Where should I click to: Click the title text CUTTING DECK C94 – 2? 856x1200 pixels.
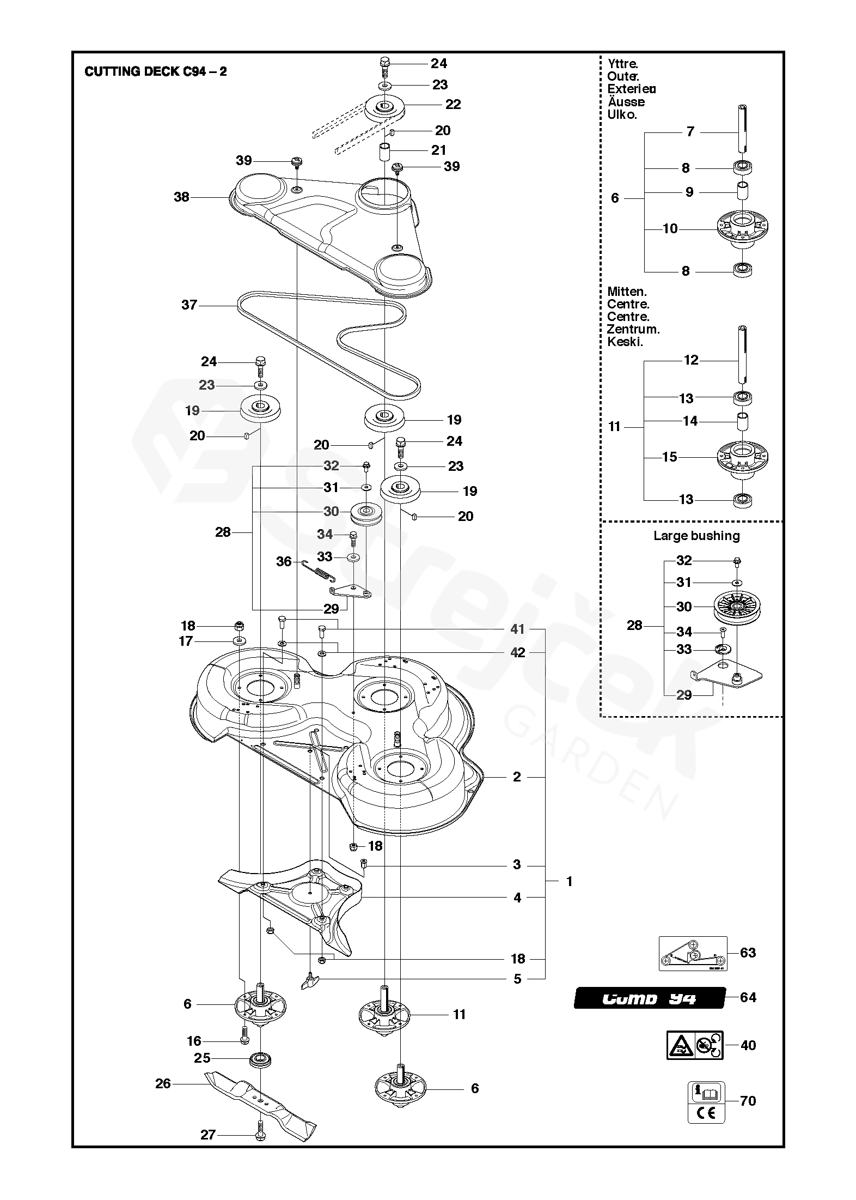pyautogui.click(x=156, y=72)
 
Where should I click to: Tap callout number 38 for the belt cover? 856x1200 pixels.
pyautogui.click(x=181, y=197)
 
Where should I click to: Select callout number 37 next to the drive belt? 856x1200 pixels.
pyautogui.click(x=189, y=305)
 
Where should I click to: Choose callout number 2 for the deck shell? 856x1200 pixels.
pyautogui.click(x=517, y=777)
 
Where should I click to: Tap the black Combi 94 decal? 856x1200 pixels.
pyautogui.click(x=649, y=999)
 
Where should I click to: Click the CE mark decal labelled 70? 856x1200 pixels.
pyautogui.click(x=706, y=1102)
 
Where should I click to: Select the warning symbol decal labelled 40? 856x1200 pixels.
pyautogui.click(x=695, y=1045)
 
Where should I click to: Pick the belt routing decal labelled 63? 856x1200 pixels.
pyautogui.click(x=692, y=953)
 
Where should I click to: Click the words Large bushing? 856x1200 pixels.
pyautogui.click(x=696, y=536)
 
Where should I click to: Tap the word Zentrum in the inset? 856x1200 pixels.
pyautogui.click(x=633, y=329)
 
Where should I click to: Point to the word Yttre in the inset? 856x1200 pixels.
pyautogui.click(x=622, y=64)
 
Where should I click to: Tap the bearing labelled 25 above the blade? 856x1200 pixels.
pyautogui.click(x=260, y=1060)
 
